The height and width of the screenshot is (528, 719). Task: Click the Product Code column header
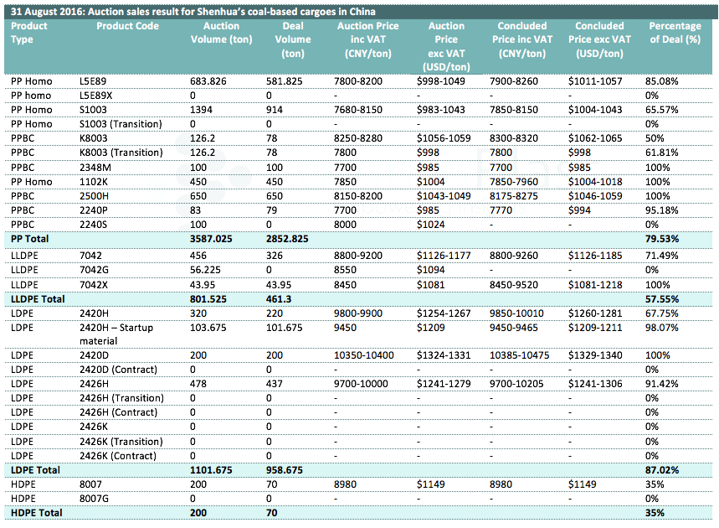coord(127,26)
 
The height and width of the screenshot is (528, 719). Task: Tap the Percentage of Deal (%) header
coord(675,33)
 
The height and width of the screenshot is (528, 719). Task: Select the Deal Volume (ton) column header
coord(293,39)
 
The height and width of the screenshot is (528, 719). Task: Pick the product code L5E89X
coord(95,96)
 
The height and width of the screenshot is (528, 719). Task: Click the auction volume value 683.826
coord(208,81)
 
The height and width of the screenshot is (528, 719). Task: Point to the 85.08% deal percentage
coord(662,81)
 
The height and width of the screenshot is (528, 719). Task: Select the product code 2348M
coord(95,168)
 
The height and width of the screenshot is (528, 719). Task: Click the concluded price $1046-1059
coord(595,196)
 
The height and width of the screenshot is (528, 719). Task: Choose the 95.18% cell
coord(662,210)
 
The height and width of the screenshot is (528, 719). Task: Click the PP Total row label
coord(30,239)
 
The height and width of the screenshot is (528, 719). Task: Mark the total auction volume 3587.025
coord(211,239)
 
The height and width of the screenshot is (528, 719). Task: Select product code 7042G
coord(94,270)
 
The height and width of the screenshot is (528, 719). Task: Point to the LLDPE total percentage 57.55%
coord(662,299)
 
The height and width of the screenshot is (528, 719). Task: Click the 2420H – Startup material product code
coord(116,334)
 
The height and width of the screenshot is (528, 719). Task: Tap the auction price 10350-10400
coord(363,355)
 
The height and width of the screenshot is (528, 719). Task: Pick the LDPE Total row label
coord(35,470)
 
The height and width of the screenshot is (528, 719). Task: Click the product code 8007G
coord(94,499)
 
